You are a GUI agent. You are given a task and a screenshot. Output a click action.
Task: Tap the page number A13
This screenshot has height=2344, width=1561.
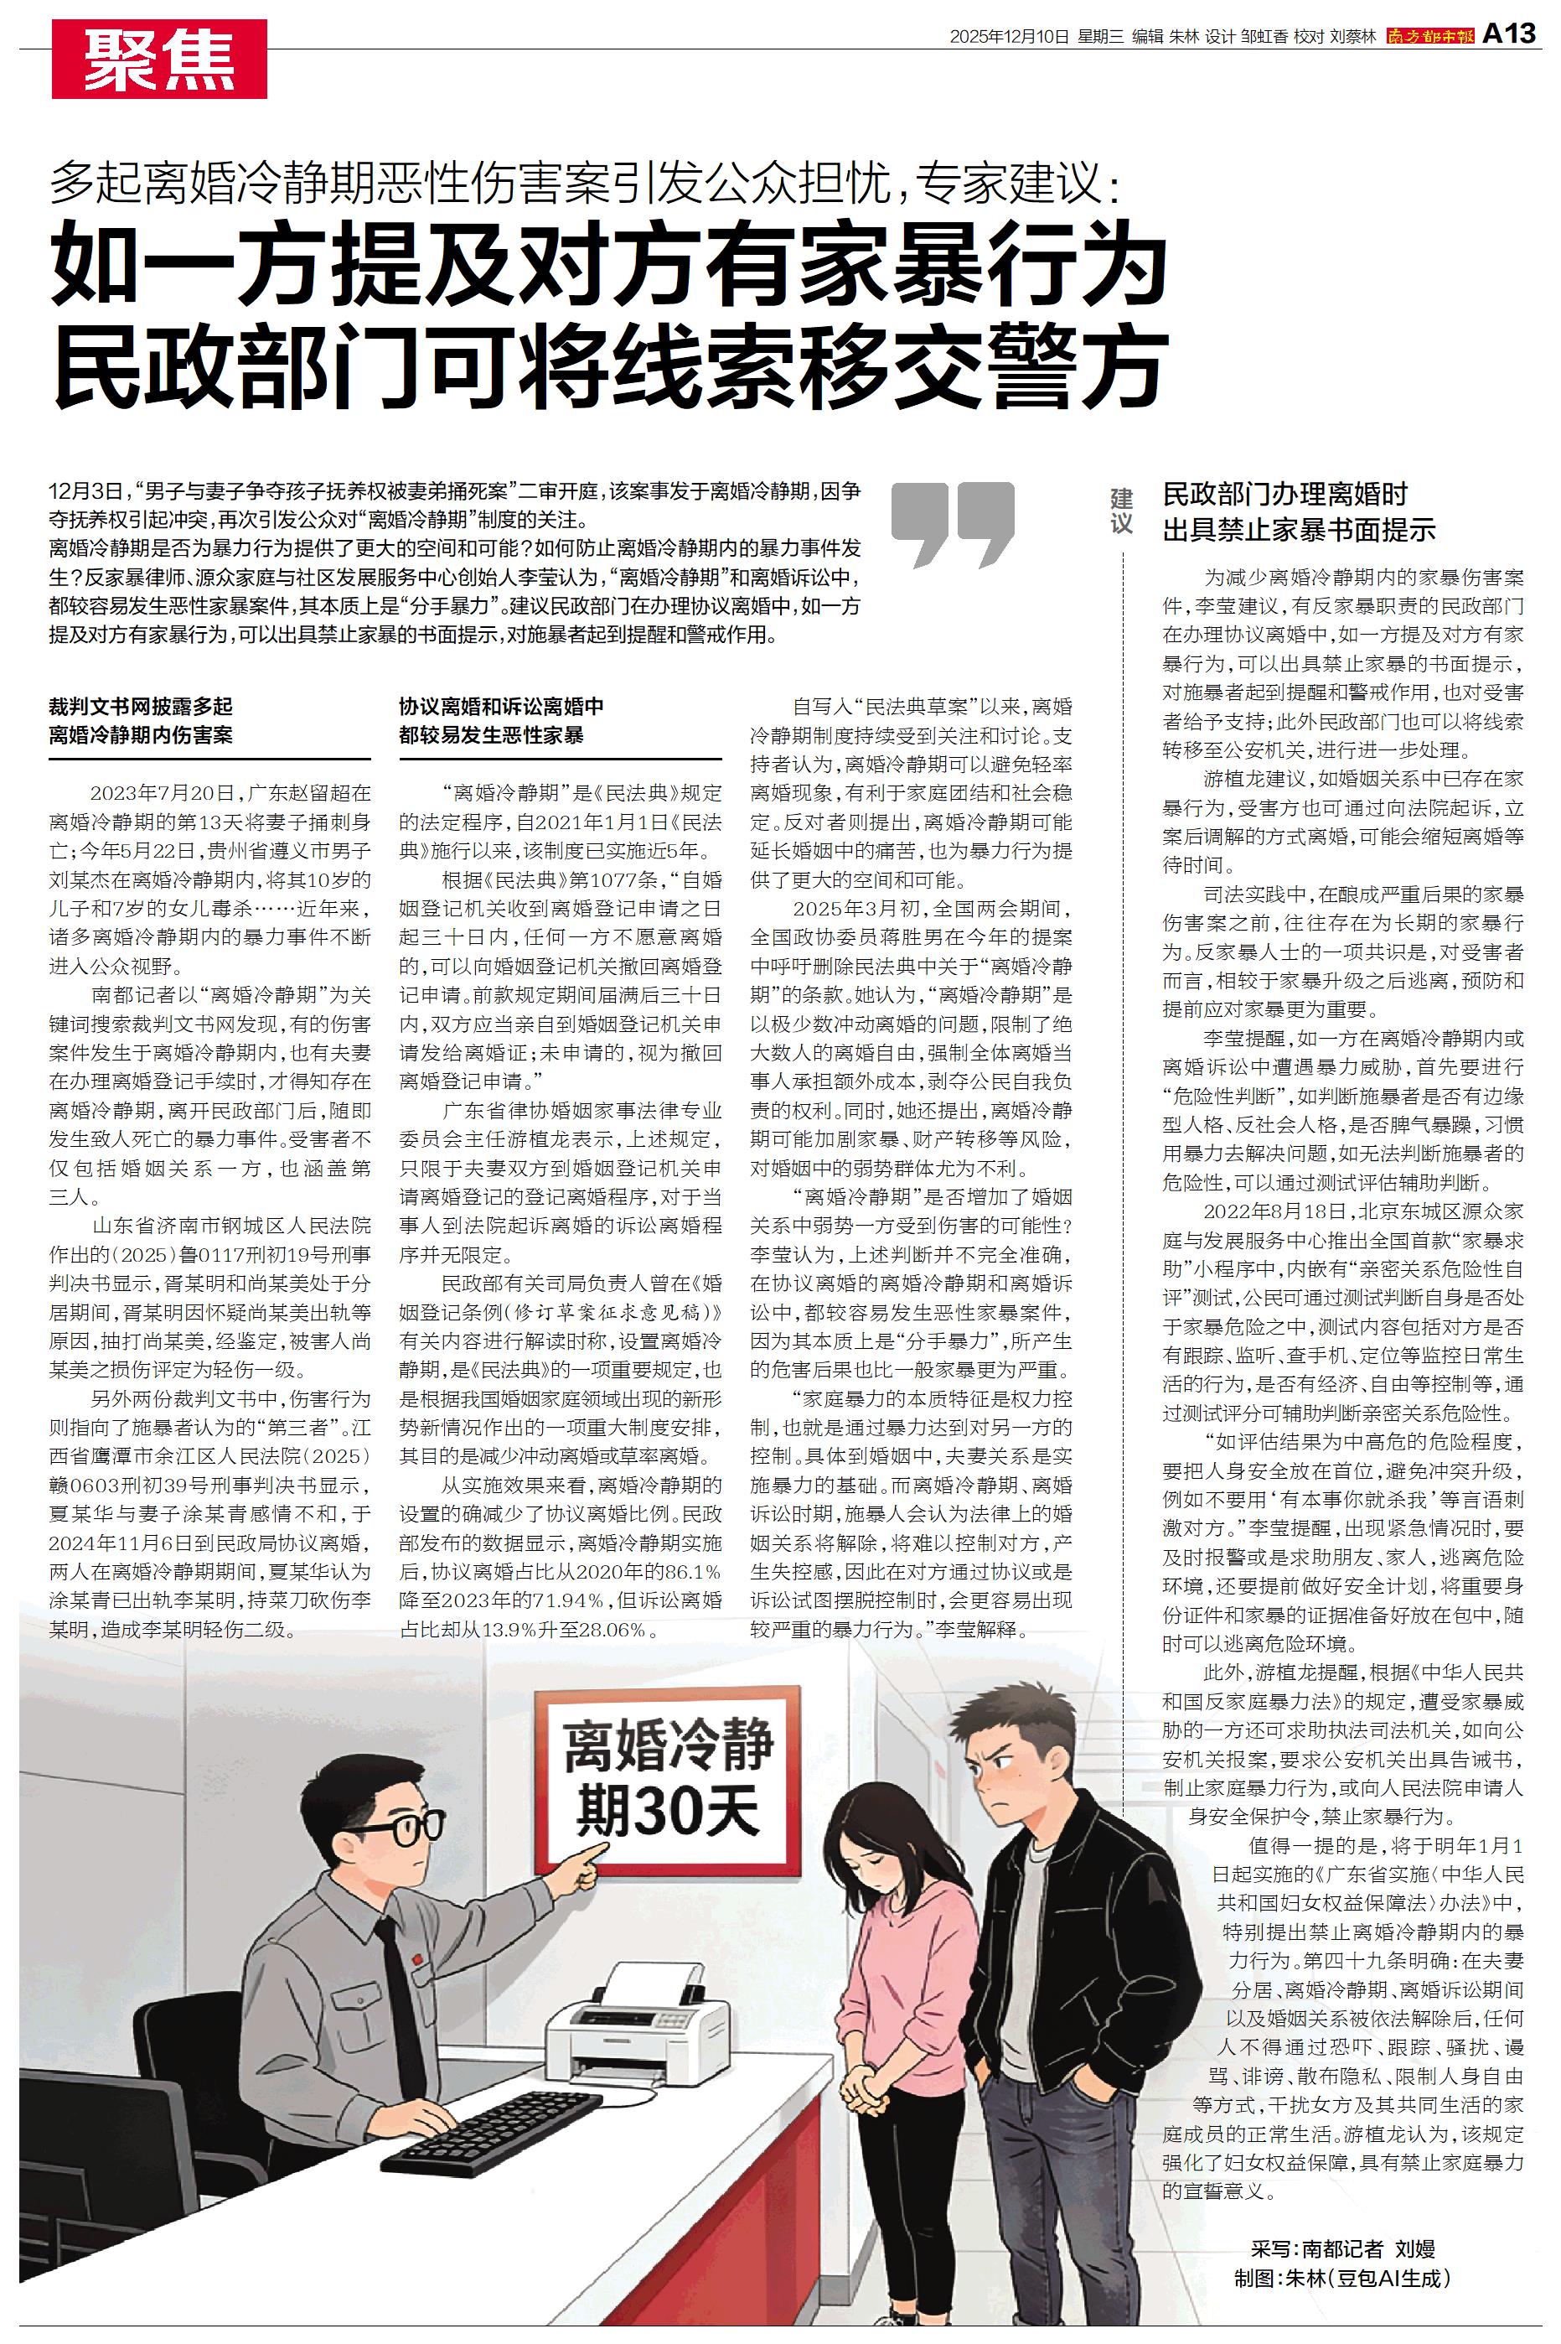click(x=1510, y=35)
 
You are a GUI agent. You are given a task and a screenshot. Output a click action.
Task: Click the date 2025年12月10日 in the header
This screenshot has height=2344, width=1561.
click(x=1009, y=37)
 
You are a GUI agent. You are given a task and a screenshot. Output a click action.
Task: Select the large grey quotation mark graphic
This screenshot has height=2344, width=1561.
click(x=952, y=525)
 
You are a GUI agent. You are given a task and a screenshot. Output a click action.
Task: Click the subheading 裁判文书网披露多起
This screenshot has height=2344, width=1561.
click(x=142, y=707)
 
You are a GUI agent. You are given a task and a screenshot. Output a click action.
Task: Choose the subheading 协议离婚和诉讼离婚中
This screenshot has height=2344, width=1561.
click(x=502, y=707)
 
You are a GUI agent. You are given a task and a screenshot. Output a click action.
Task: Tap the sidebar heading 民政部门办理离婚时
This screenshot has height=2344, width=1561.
click(x=1285, y=495)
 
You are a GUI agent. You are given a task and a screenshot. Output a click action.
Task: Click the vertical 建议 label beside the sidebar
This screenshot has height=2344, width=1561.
click(x=1122, y=510)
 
